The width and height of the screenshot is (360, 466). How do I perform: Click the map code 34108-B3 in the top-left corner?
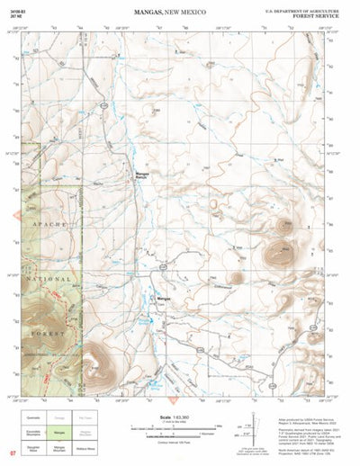click(x=13, y=9)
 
